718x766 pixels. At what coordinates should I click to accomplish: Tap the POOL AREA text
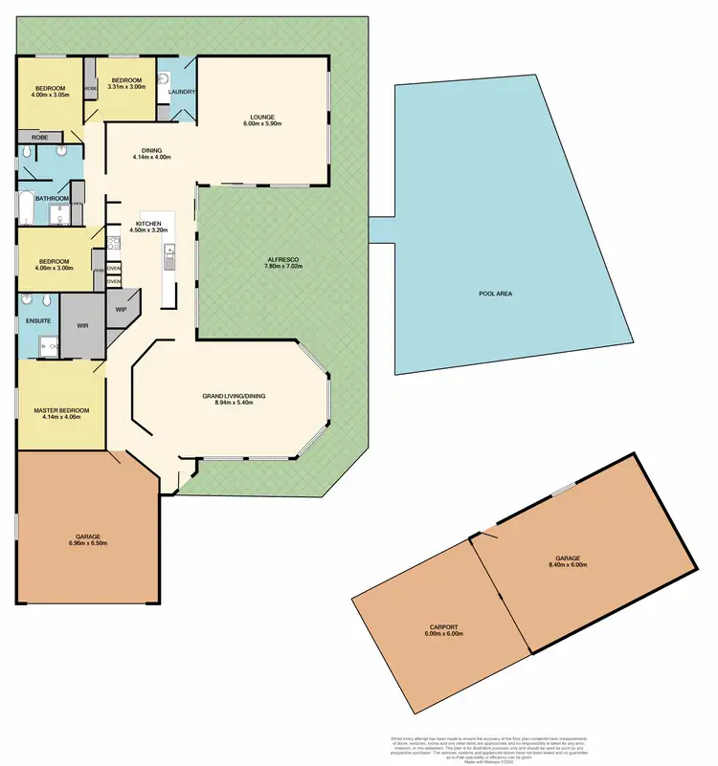pyautogui.click(x=496, y=294)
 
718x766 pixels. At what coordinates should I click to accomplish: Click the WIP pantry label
pyautogui.click(x=122, y=310)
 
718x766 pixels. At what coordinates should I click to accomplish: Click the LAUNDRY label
pyautogui.click(x=182, y=92)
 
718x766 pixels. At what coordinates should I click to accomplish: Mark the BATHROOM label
pyautogui.click(x=52, y=198)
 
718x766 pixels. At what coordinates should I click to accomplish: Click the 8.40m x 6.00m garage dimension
pyautogui.click(x=567, y=565)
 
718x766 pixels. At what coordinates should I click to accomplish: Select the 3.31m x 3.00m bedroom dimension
pyautogui.click(x=126, y=87)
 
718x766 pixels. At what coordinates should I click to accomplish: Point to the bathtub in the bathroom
pyautogui.click(x=26, y=208)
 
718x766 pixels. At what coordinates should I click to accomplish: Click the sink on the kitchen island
pyautogui.click(x=169, y=252)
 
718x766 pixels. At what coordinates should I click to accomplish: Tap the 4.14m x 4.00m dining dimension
pyautogui.click(x=151, y=158)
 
